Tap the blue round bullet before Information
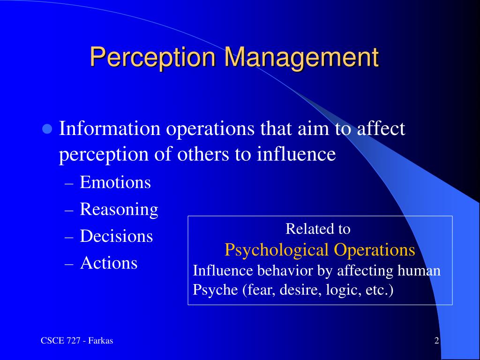coord(46,129)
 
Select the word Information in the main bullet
coord(108,128)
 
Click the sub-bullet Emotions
coord(115,182)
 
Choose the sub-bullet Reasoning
coord(119,209)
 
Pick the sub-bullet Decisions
coord(116,236)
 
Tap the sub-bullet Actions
coord(109,262)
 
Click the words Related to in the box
coord(318,229)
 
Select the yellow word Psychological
coord(277,250)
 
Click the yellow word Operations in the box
coord(375,250)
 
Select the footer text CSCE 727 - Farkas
coord(76,341)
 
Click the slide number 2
coord(436,341)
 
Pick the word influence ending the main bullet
coord(296,155)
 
